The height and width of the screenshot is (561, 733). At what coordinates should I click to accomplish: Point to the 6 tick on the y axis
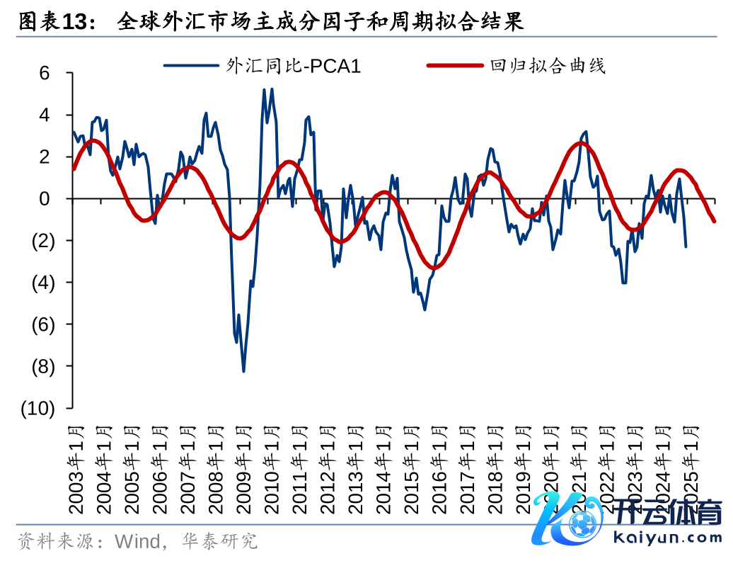(x=45, y=73)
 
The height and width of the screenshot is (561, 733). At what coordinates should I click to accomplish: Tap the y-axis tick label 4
(x=45, y=115)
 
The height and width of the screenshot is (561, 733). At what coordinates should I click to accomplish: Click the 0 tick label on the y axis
(x=45, y=198)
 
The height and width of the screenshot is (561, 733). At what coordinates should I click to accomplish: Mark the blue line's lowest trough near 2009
(x=243, y=371)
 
